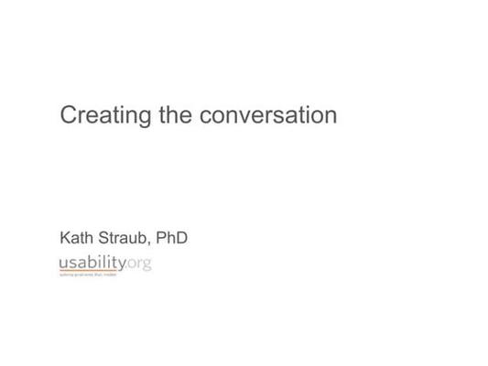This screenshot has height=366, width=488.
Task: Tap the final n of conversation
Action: pyautogui.click(x=330, y=117)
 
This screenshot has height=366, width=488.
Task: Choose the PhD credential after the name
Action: pyautogui.click(x=171, y=238)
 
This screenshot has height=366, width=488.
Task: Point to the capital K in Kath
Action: pyautogui.click(x=65, y=238)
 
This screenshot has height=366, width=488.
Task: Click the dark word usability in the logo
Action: pyautogui.click(x=92, y=264)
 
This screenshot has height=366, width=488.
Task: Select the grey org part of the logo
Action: pyautogui.click(x=139, y=264)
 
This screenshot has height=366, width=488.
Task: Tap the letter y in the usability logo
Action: pyautogui.click(x=122, y=265)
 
